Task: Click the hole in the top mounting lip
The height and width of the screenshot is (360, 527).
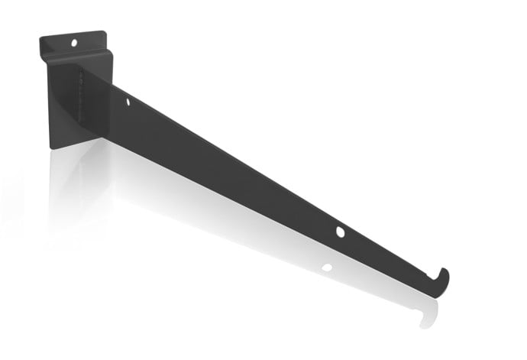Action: click(x=75, y=43)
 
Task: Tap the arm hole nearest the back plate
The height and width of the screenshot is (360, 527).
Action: click(x=128, y=101)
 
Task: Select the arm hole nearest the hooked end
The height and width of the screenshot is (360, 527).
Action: click(x=340, y=232)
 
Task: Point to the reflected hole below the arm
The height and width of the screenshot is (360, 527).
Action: click(x=327, y=268)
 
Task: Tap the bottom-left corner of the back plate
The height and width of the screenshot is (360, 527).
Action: click(x=51, y=147)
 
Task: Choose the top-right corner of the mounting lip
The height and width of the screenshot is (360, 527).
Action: click(x=105, y=32)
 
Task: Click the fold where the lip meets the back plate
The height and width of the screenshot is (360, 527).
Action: click(x=76, y=55)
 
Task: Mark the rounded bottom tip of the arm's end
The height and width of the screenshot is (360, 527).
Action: click(x=435, y=294)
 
